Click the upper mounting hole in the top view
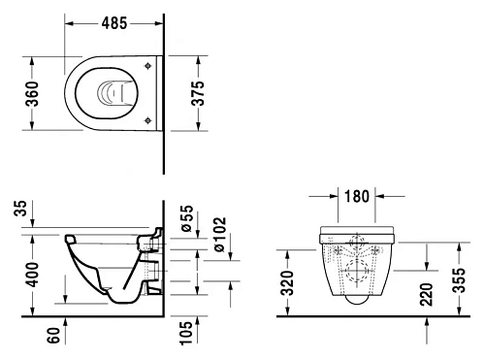point(146,66)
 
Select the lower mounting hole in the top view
point(146,120)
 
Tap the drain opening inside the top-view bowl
point(112,93)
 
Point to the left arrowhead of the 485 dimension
point(69,21)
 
